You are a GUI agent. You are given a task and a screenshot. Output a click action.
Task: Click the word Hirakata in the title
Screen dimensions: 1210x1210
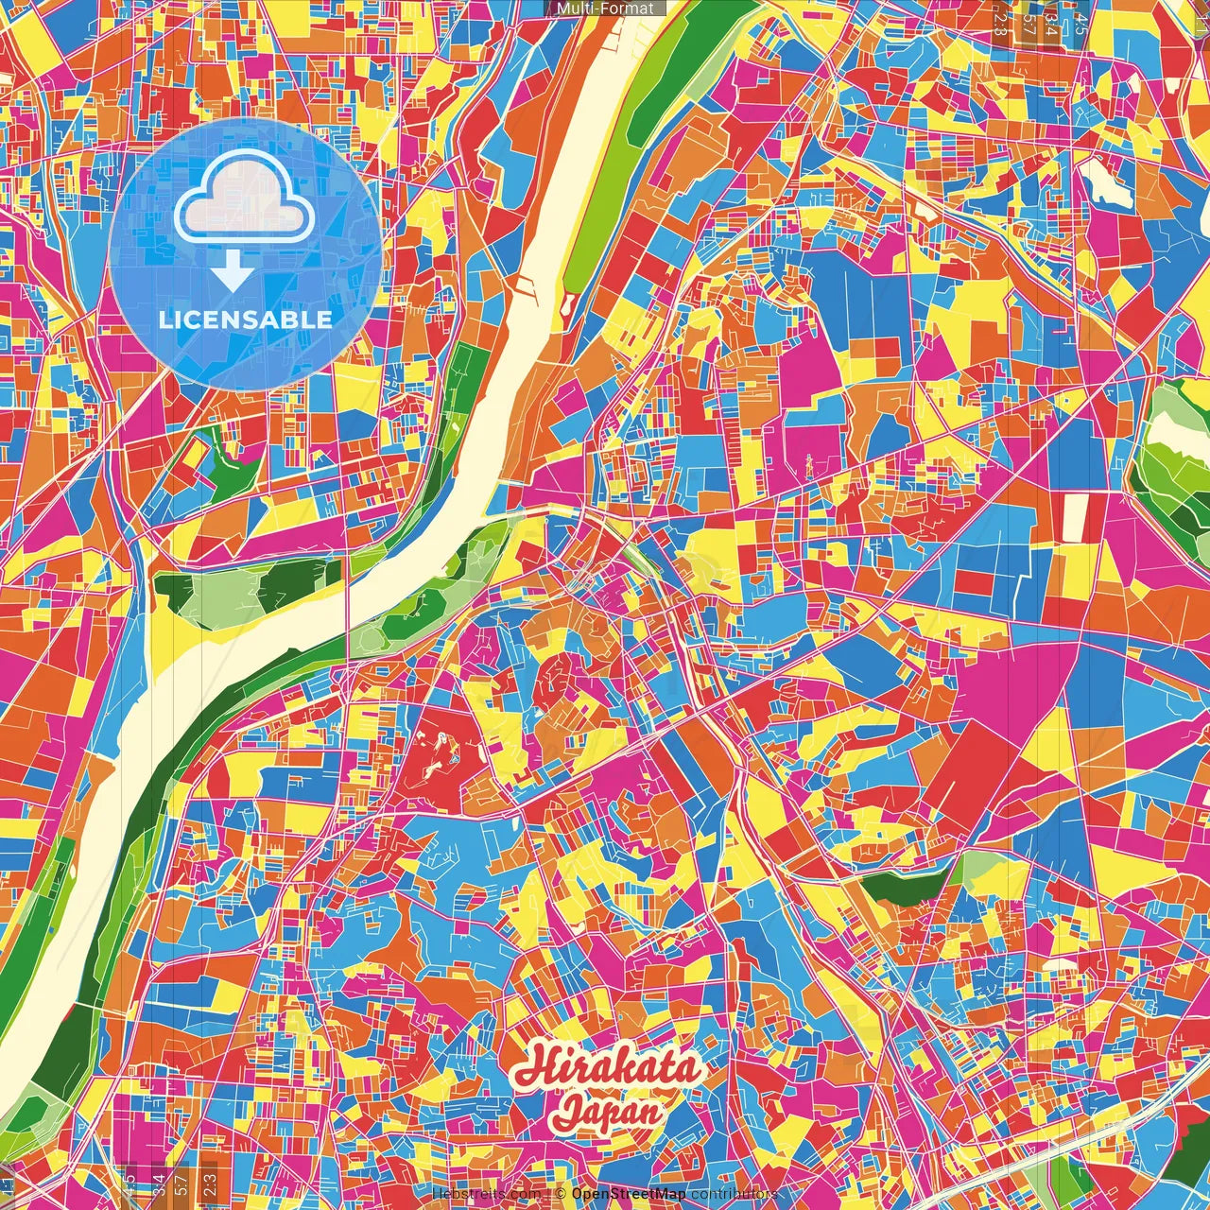pos(608,1067)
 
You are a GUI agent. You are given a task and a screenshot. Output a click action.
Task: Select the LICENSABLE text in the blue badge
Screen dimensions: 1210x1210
pos(246,320)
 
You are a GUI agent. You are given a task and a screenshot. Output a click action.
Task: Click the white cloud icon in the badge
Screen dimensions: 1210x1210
pos(245,199)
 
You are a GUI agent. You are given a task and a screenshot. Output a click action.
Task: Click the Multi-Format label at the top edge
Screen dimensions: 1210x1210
pos(605,9)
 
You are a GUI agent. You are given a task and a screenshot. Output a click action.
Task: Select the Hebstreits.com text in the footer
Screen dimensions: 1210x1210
pos(487,1194)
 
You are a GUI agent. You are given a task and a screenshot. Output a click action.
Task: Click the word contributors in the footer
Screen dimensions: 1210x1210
pos(735,1194)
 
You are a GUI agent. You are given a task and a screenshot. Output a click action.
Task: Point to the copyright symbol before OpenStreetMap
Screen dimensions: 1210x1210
pos(560,1194)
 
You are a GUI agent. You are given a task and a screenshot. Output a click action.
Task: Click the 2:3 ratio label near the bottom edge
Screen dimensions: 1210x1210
pos(209,1182)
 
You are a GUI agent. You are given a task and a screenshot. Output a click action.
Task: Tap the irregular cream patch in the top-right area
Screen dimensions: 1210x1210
pos(1106,182)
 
